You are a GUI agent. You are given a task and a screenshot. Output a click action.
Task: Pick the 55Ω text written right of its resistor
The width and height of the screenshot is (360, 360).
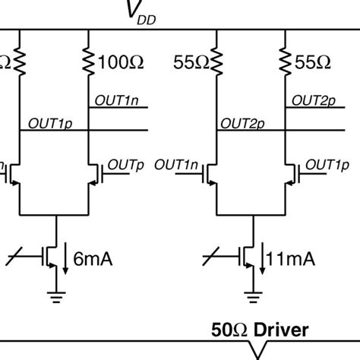click(x=312, y=62)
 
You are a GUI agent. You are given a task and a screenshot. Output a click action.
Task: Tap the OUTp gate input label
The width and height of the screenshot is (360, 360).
click(x=123, y=165)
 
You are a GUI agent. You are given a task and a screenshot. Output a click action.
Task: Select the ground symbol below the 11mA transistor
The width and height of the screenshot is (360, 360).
click(x=251, y=295)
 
